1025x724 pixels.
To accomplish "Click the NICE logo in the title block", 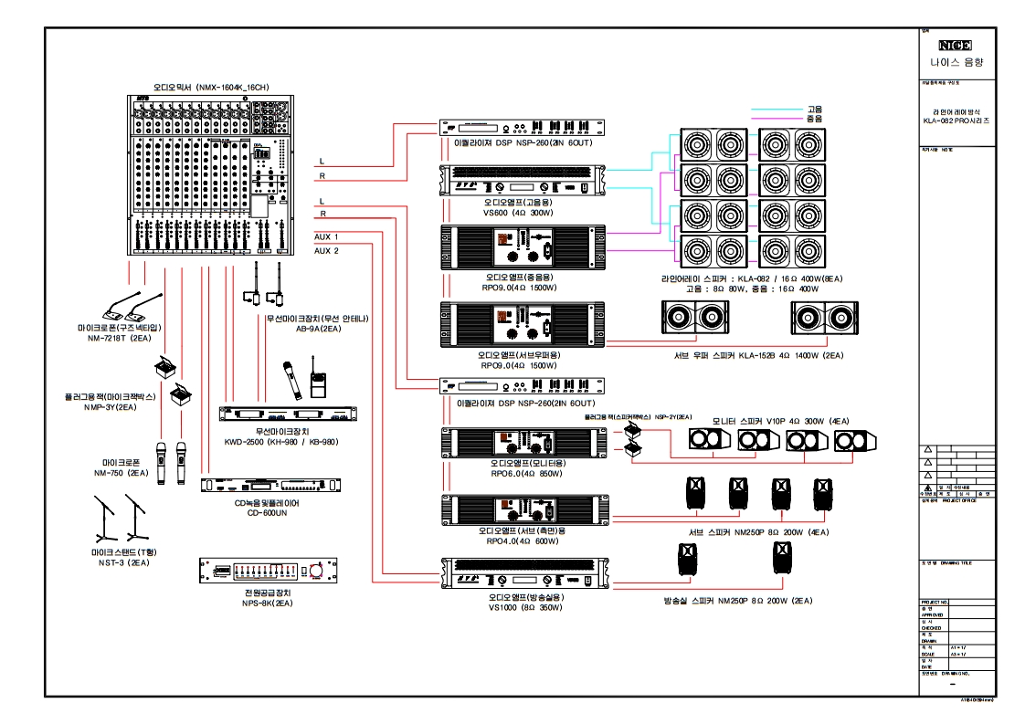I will coord(955,45).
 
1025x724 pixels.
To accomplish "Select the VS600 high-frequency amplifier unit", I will coord(523,180).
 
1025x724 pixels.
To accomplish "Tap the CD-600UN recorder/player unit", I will coord(272,485).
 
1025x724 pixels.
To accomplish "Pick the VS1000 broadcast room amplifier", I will coord(523,574).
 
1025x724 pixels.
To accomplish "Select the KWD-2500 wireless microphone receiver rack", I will coord(288,414).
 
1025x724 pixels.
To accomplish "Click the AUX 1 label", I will coord(326,236).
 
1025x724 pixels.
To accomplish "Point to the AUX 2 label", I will coord(326,250).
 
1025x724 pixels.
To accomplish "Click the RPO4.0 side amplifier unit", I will coord(523,509).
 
